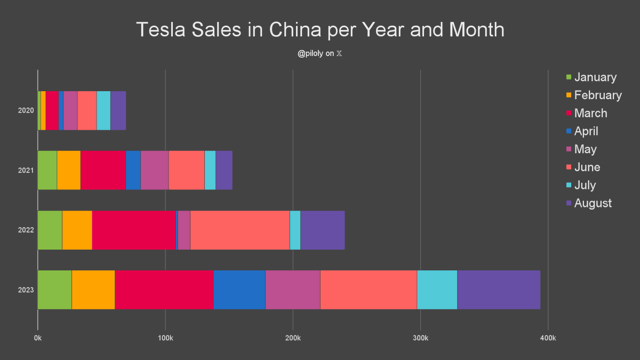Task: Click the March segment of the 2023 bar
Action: [x=164, y=290]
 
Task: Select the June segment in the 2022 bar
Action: [x=240, y=230]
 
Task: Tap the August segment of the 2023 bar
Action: [x=499, y=290]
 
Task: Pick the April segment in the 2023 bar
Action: [x=239, y=290]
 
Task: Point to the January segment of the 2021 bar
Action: [x=47, y=170]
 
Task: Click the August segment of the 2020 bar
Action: [x=118, y=110]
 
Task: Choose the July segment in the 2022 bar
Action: [x=295, y=230]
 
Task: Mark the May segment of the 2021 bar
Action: [x=154, y=170]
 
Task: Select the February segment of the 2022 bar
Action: [x=77, y=230]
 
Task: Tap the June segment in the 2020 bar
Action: [x=87, y=110]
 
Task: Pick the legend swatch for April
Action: [x=569, y=131]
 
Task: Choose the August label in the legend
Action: [x=593, y=203]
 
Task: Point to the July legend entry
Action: [x=585, y=185]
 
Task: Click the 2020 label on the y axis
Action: [x=26, y=110]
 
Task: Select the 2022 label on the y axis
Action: [x=26, y=230]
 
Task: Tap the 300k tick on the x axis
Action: [x=420, y=338]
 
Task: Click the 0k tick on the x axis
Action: [x=37, y=338]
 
